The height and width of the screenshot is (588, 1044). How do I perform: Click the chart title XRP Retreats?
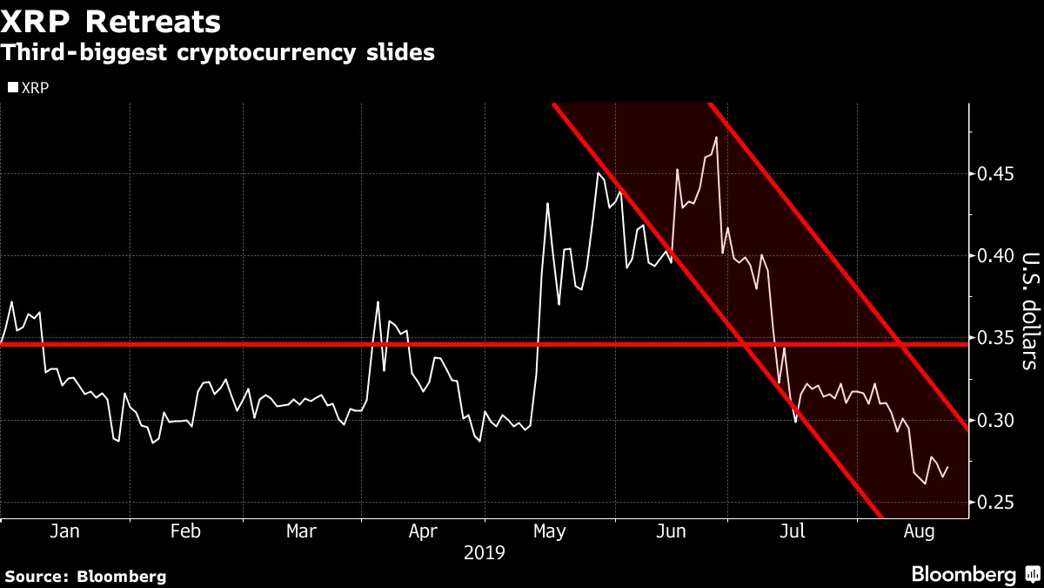(x=111, y=20)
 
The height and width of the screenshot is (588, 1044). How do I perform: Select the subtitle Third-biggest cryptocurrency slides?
(x=217, y=53)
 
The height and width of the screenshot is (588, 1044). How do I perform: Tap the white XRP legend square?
(x=12, y=88)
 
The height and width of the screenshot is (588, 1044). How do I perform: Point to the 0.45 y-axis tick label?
(x=995, y=174)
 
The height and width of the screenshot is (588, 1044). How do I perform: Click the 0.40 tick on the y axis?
(x=995, y=256)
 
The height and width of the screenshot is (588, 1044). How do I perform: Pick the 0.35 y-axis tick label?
(x=995, y=338)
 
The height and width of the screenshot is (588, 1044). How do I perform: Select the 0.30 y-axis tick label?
(x=995, y=421)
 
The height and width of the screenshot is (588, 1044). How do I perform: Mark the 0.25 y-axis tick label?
(x=995, y=503)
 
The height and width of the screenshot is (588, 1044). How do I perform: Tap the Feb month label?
(x=186, y=531)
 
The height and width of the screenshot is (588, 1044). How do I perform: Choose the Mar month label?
(x=301, y=531)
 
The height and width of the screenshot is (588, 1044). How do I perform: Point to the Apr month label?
(x=423, y=531)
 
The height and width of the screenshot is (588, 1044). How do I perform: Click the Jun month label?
(x=670, y=531)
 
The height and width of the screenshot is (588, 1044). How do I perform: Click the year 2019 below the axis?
(x=485, y=552)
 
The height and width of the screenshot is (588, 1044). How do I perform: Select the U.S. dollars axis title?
(x=1029, y=311)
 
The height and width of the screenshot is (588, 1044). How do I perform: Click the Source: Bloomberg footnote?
(x=84, y=576)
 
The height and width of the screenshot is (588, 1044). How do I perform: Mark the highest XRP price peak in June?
(x=715, y=137)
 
